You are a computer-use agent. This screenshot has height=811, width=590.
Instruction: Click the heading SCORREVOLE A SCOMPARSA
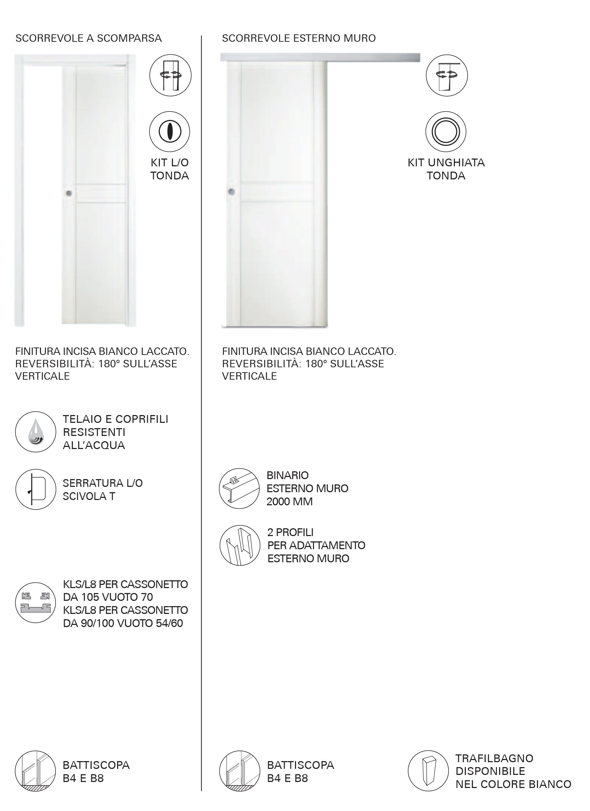[88, 38]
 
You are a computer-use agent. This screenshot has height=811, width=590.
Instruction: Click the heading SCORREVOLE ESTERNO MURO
[299, 38]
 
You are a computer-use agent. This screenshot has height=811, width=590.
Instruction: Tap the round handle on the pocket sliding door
[69, 194]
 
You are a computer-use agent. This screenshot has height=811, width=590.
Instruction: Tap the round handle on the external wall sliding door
[231, 192]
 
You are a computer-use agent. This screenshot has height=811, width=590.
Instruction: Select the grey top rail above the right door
[320, 58]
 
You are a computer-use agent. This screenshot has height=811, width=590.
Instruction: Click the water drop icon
[36, 432]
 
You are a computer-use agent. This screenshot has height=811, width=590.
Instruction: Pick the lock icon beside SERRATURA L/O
[36, 489]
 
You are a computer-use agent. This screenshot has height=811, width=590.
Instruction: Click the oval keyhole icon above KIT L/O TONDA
[170, 132]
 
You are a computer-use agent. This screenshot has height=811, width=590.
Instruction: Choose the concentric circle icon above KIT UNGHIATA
[446, 132]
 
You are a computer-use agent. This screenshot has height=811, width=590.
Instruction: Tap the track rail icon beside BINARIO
[239, 488]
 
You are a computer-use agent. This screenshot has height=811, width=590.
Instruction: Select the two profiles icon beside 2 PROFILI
[240, 545]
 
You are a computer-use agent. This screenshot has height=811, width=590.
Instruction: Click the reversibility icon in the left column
[170, 75]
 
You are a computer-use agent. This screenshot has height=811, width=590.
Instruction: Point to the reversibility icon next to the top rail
[446, 75]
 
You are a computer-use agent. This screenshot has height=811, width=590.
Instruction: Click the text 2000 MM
[289, 502]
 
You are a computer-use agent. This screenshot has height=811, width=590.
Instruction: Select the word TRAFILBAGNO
[494, 758]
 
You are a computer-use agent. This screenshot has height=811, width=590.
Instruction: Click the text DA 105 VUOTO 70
[108, 597]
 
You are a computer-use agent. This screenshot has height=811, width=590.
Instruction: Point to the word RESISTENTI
[94, 432]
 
